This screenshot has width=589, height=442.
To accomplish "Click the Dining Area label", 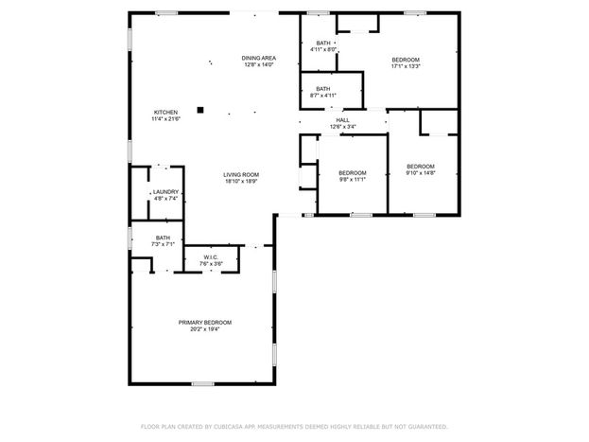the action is [x=259, y=58].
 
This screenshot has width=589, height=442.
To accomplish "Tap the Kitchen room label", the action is [x=165, y=112].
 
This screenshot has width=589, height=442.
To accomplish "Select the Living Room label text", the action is [x=241, y=174].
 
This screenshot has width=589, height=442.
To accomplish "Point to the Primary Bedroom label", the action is [x=205, y=323].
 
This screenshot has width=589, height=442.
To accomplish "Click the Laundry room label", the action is [x=165, y=192].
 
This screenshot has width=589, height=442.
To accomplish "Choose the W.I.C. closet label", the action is [x=211, y=257].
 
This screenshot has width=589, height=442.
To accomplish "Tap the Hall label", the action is [x=342, y=120].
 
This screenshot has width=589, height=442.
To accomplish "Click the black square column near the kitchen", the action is [x=200, y=110].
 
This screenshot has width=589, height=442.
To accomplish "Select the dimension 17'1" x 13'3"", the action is [x=406, y=66].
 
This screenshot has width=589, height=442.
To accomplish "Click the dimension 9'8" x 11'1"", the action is [x=353, y=180].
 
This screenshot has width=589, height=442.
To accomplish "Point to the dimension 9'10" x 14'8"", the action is [x=421, y=173].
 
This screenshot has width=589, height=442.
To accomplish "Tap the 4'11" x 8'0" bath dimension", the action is [x=323, y=49].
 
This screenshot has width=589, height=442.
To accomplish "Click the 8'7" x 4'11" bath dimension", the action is [x=323, y=96].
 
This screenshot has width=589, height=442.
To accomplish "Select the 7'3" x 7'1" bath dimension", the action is [x=163, y=244].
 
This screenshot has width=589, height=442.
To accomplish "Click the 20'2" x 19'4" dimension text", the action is [x=205, y=329].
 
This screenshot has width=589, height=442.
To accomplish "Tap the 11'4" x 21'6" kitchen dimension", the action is [x=166, y=119].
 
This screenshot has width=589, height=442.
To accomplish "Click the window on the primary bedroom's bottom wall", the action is [x=203, y=383].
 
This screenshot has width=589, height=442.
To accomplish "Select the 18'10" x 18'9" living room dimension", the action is [x=241, y=182].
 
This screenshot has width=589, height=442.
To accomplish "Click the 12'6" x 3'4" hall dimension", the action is [x=342, y=127].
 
